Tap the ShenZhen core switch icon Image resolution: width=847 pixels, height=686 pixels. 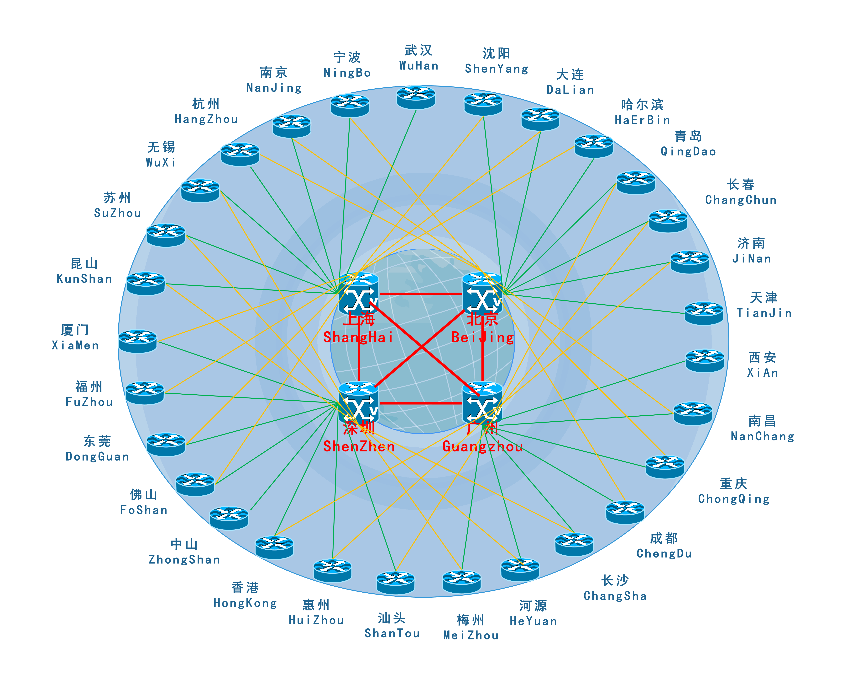point(359,403)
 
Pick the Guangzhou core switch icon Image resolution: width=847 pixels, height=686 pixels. point(482,403)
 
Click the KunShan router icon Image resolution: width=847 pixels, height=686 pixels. point(145,283)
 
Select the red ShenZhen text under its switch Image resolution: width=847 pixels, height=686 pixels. point(359,447)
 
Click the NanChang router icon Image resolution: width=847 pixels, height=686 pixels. point(693,413)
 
